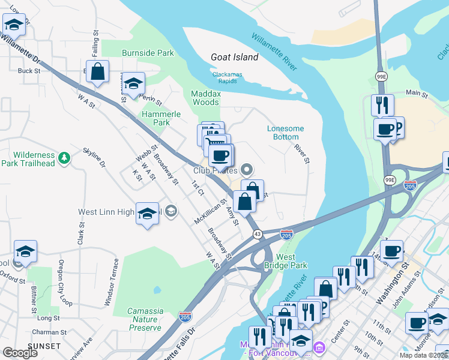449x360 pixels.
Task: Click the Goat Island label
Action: tap(234, 58)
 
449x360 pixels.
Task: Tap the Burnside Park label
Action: tap(148, 53)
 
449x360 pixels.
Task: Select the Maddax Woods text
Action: tap(205, 98)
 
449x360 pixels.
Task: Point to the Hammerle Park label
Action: tap(156, 118)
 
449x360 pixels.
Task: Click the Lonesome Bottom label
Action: tap(285, 133)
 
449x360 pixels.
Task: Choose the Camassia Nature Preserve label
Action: tap(145, 319)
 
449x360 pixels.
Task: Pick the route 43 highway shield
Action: tap(256, 234)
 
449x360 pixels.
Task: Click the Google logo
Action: tap(20, 353)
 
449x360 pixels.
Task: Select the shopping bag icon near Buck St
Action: tap(97, 71)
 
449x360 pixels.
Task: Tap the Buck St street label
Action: tap(29, 71)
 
